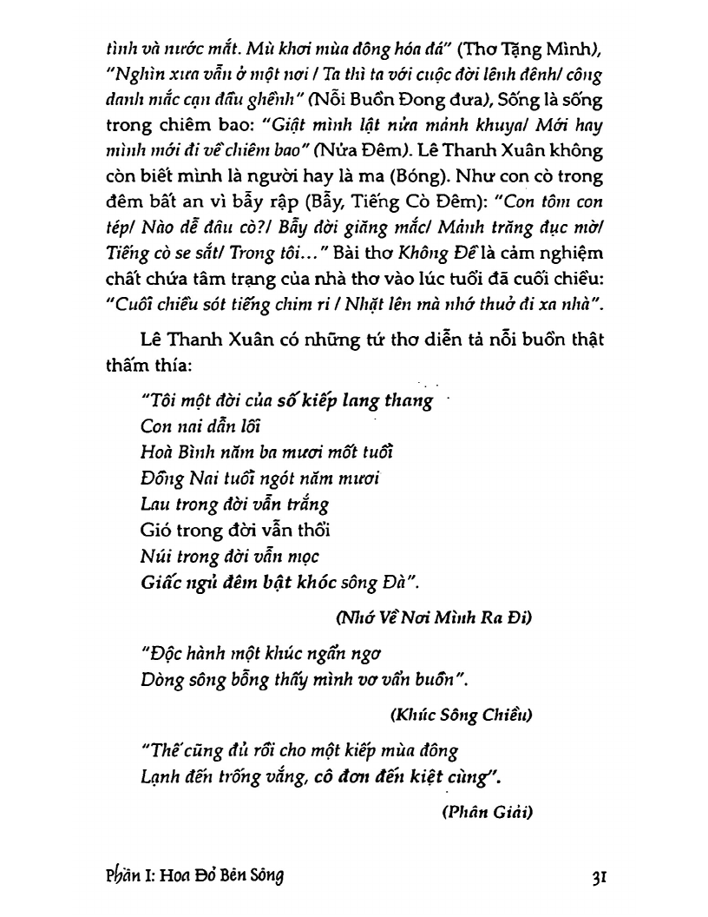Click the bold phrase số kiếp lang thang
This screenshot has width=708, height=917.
click(x=355, y=401)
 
